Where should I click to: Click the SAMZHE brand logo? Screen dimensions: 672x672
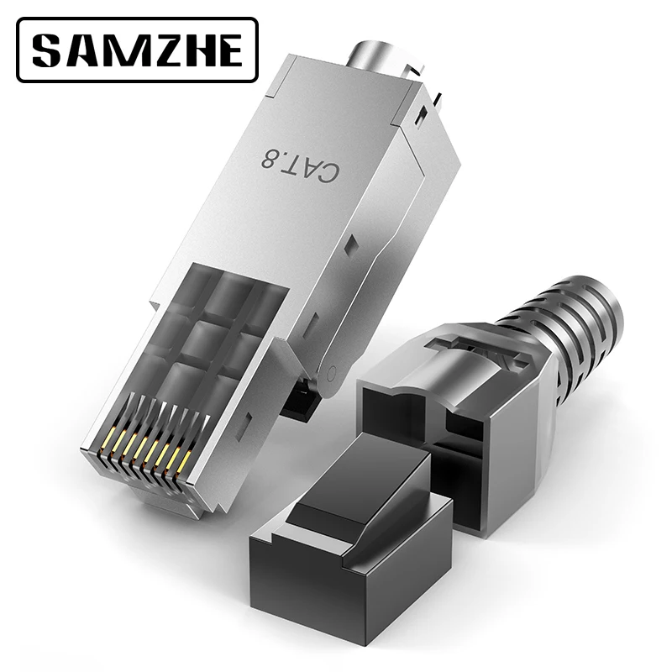(138, 50)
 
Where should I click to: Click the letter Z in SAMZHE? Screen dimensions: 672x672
(157, 50)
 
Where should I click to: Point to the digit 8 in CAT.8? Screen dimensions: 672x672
(269, 158)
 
